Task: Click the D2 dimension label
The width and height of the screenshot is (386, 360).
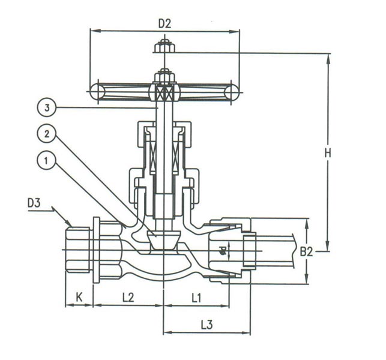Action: [x=165, y=23]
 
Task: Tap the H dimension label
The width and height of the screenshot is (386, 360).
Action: [x=328, y=153]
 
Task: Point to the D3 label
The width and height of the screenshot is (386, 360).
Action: [x=35, y=203]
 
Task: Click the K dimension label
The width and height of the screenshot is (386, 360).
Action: [x=79, y=296]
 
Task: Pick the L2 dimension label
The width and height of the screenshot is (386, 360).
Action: [x=128, y=296]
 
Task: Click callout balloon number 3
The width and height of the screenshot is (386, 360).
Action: [x=46, y=108]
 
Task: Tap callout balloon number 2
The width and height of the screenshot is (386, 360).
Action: [x=46, y=134]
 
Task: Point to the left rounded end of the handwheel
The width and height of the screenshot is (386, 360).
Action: [x=96, y=92]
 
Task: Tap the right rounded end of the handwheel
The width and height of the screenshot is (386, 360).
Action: [x=231, y=92]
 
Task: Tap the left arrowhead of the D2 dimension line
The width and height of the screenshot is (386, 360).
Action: [x=92, y=30]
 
